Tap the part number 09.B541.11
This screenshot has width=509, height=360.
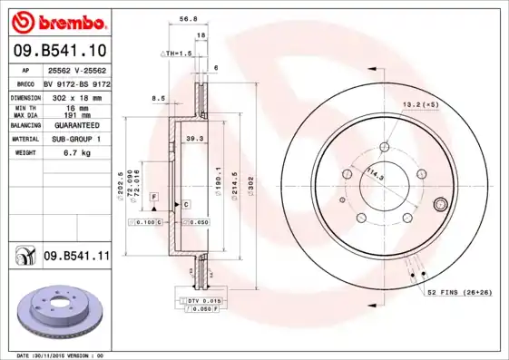click(x=76, y=258)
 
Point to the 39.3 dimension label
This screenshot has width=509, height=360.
click(x=193, y=138)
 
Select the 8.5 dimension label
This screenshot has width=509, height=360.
click(x=158, y=98)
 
